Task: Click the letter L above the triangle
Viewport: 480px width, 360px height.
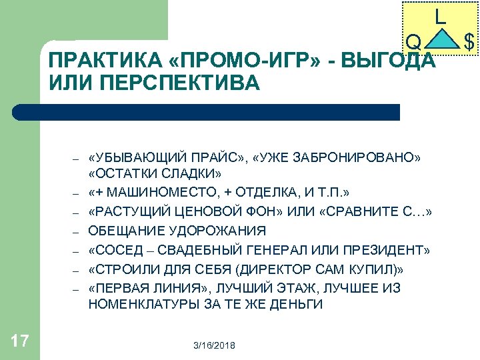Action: pyautogui.click(x=440, y=17)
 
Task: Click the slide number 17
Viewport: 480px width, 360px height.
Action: pyautogui.click(x=20, y=341)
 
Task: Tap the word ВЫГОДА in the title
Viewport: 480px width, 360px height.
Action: pyautogui.click(x=394, y=62)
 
